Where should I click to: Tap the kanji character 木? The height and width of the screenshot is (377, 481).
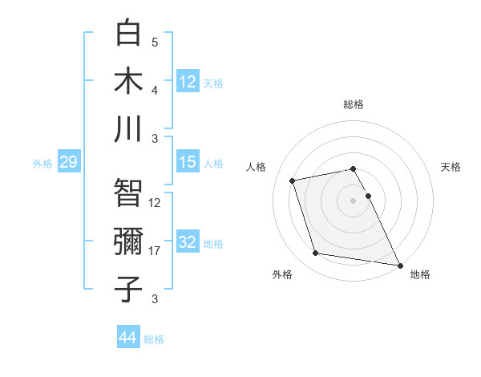[129, 80]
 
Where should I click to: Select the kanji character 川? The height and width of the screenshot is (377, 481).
[129, 128]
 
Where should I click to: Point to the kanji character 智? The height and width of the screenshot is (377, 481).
[129, 193]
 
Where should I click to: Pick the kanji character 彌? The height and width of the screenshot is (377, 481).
[129, 241]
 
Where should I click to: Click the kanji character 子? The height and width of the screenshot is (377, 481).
[129, 290]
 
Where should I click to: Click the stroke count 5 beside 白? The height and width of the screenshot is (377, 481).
[155, 43]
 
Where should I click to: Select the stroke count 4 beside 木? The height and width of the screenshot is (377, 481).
[155, 91]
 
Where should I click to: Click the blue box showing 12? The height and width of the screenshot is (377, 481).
[188, 81]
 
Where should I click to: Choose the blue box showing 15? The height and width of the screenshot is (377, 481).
[188, 163]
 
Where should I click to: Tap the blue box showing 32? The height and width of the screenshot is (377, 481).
[188, 243]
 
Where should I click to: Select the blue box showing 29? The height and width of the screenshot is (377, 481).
[68, 163]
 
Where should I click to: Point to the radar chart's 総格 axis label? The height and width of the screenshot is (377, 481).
[354, 104]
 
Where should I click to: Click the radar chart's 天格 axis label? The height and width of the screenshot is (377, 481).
[451, 167]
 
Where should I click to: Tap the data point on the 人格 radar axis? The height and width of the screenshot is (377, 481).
[293, 180]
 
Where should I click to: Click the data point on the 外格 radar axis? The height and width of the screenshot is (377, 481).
[316, 253]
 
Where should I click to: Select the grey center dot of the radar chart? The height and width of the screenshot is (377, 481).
[354, 200]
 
